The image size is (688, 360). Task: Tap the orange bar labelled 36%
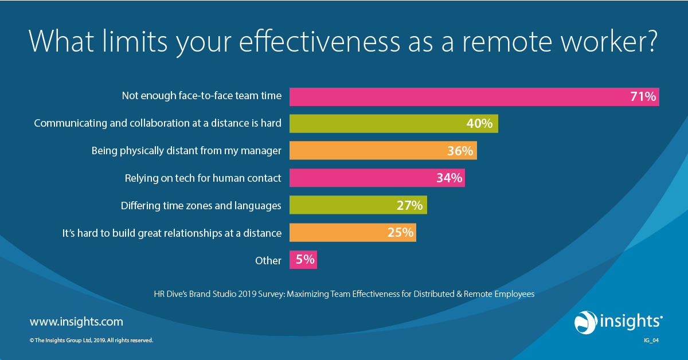(x=367, y=151)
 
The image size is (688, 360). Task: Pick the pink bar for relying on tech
(x=361, y=178)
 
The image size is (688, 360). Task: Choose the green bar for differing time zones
(x=344, y=205)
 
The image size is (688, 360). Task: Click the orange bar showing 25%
(x=338, y=232)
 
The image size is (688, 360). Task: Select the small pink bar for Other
(x=303, y=260)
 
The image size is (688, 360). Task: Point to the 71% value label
(x=642, y=97)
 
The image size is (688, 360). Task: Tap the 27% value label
(x=410, y=205)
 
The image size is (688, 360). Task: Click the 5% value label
(x=305, y=260)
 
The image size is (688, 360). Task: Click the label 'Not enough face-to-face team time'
(x=201, y=96)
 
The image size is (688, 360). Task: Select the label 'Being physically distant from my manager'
(x=186, y=151)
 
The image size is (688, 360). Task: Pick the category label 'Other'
(x=268, y=261)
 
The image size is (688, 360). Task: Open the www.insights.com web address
(x=76, y=322)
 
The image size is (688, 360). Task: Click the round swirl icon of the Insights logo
(x=586, y=322)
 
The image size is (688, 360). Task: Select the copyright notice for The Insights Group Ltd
(x=91, y=340)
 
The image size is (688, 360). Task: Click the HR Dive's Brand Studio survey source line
(x=344, y=294)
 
